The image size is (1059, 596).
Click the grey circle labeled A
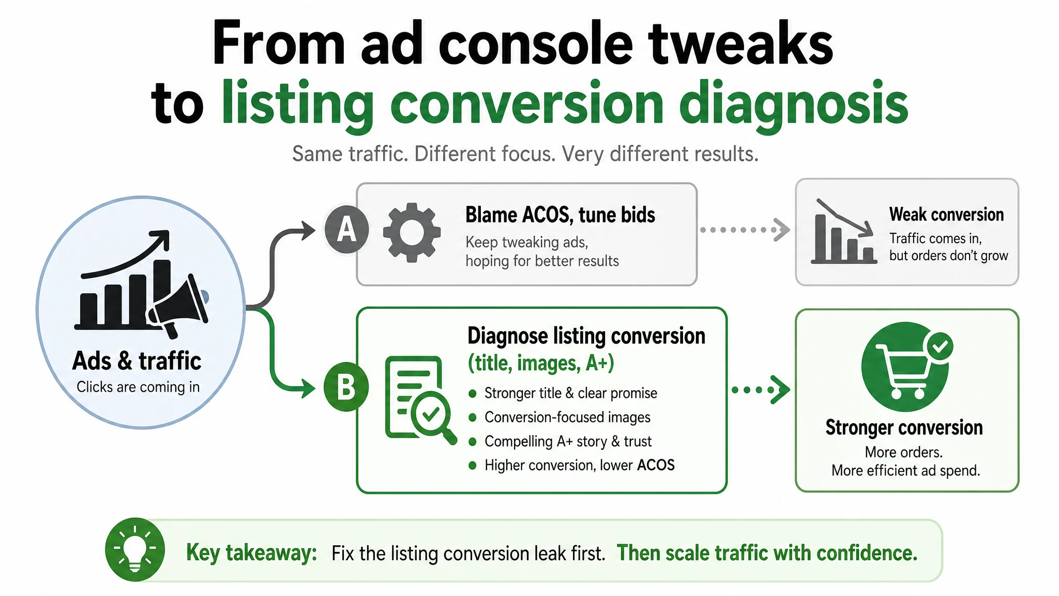click(346, 229)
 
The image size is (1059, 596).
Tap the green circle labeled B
click(346, 387)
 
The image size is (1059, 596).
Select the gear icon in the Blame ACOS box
click(412, 232)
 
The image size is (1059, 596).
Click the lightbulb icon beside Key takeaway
click(135, 549)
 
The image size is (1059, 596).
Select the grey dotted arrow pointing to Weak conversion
click(745, 230)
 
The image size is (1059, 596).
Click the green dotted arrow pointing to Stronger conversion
click(761, 390)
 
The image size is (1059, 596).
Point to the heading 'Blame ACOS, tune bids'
click(560, 215)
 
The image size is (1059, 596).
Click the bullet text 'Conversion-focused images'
click(567, 417)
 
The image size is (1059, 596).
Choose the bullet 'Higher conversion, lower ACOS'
click(579, 465)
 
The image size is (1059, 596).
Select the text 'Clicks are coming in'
click(138, 387)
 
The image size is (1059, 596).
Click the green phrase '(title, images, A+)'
click(541, 363)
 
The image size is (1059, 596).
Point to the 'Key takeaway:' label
click(251, 553)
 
